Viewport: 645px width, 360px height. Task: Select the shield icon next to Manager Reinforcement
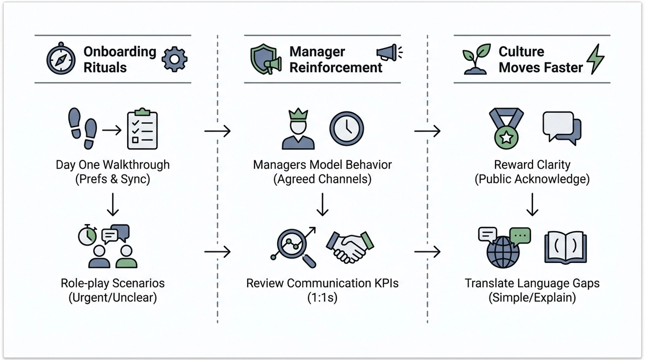pyautogui.click(x=263, y=59)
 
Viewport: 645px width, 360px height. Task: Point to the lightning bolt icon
pyautogui.click(x=595, y=59)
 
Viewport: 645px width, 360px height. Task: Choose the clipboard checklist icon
pyautogui.click(x=142, y=129)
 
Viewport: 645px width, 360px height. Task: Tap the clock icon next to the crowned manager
pyautogui.click(x=346, y=129)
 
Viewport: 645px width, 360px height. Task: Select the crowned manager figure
pyautogui.click(x=298, y=130)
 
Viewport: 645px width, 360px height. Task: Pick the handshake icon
pyautogui.click(x=350, y=246)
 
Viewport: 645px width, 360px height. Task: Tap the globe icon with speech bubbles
pyautogui.click(x=503, y=247)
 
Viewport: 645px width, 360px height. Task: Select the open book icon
pyautogui.click(x=565, y=247)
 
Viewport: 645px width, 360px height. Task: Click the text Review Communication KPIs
pyautogui.click(x=322, y=283)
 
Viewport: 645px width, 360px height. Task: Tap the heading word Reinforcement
pyautogui.click(x=335, y=67)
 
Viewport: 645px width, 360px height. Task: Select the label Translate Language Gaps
pyautogui.click(x=532, y=283)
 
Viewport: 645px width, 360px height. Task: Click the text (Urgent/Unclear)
pyautogui.click(x=112, y=298)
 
